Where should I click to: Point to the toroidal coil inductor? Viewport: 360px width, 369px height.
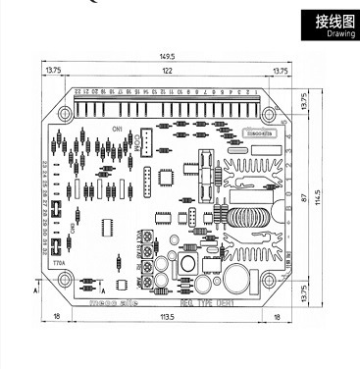tap(250, 217)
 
